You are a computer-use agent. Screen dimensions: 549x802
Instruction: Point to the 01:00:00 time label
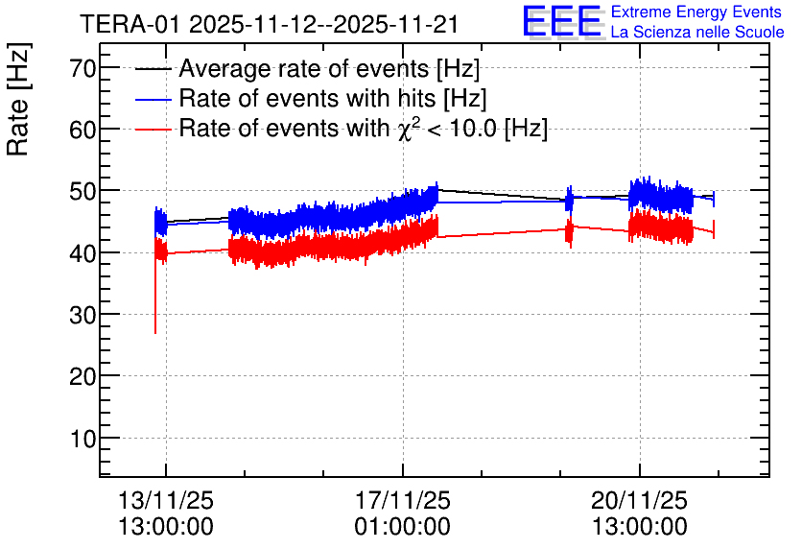(402, 526)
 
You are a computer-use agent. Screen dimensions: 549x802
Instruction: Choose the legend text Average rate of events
(329, 69)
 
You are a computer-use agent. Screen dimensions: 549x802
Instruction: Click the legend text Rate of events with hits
(333, 99)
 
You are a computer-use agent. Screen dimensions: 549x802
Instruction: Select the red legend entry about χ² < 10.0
(363, 129)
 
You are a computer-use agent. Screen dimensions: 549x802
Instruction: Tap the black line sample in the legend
(153, 69)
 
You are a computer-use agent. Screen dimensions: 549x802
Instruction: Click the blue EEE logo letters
(562, 22)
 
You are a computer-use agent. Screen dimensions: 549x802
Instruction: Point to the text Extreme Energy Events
(696, 12)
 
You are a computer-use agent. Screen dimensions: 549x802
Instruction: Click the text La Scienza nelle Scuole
(696, 32)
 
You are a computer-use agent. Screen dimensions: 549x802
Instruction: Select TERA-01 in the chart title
(131, 23)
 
